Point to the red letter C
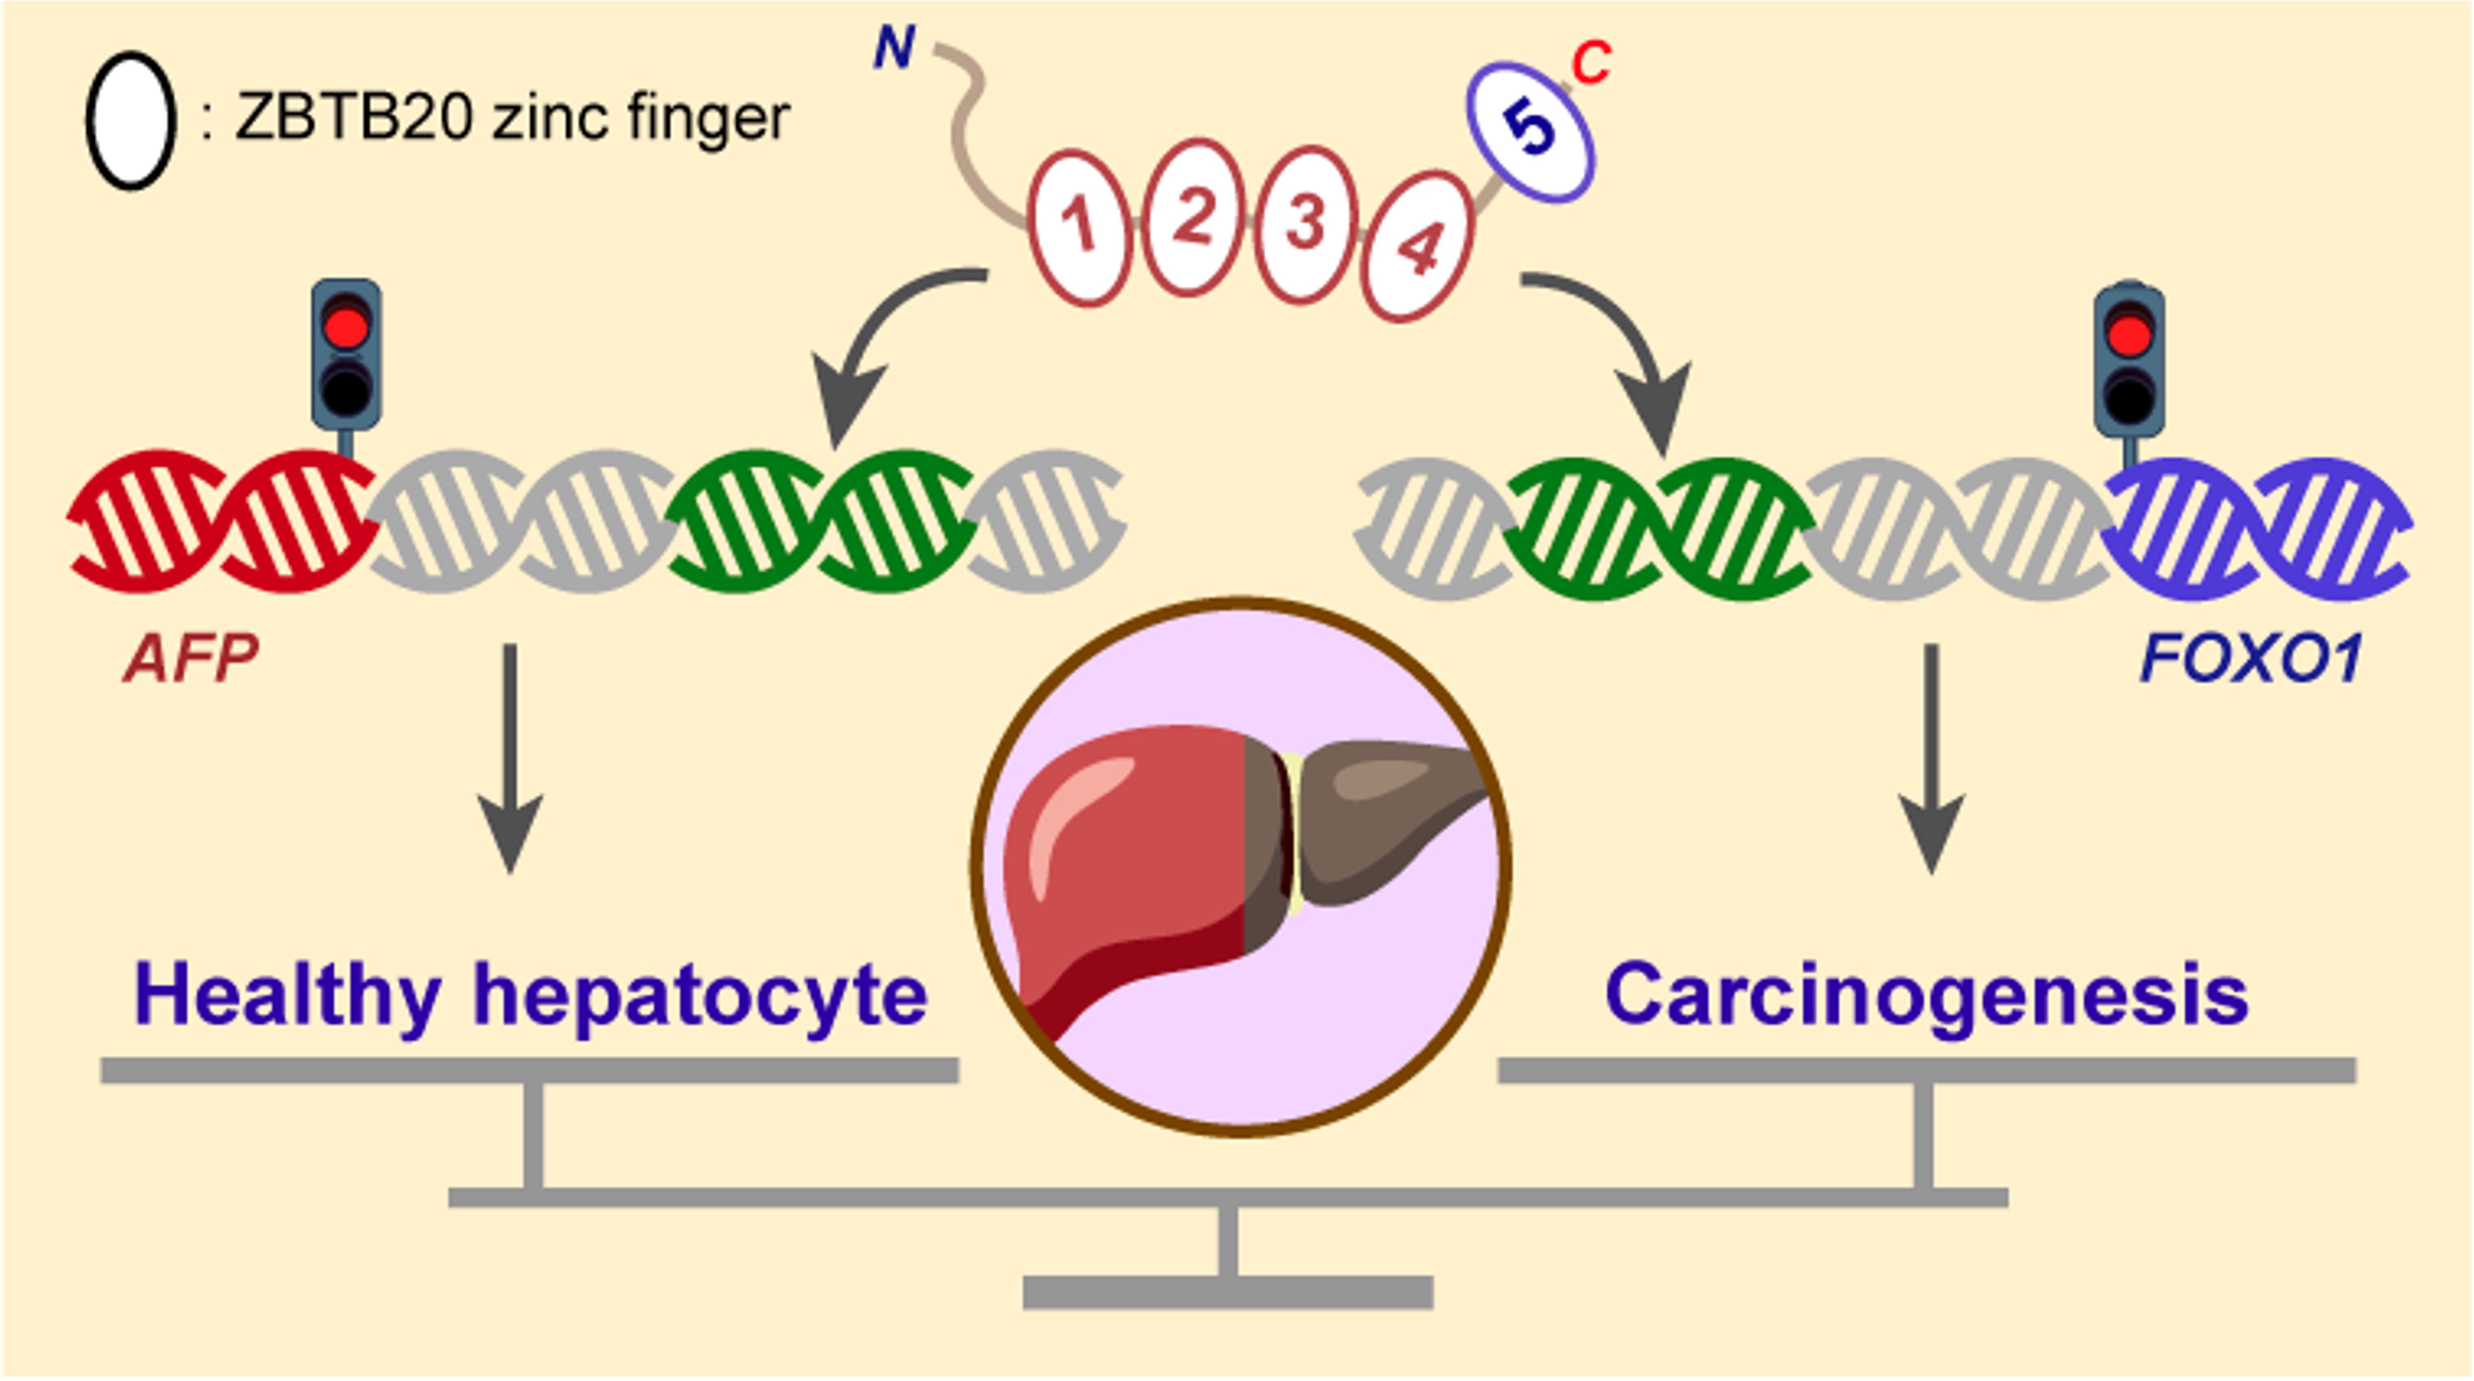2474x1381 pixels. pos(1592,63)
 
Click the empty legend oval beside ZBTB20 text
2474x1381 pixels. pos(131,120)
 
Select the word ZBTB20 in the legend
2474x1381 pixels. pos(354,118)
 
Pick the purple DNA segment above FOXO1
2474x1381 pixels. pos(2257,528)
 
